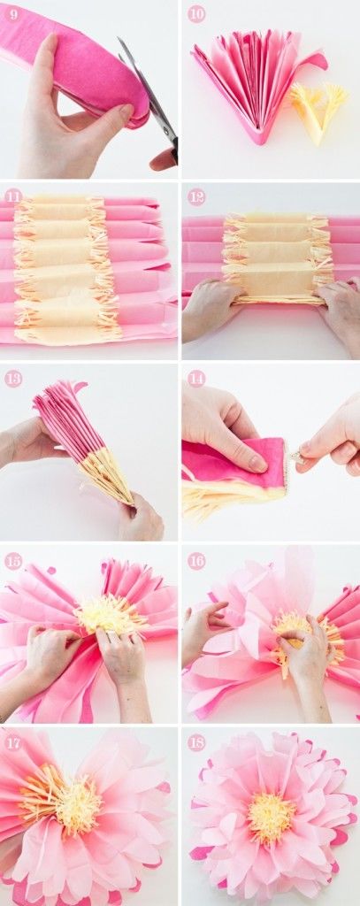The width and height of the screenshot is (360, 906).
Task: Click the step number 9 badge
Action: pyautogui.click(x=13, y=13)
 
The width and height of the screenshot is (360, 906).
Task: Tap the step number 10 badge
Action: pyautogui.click(x=196, y=13)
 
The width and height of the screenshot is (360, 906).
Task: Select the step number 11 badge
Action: pyautogui.click(x=13, y=195)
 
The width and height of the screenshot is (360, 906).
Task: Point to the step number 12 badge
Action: pyautogui.click(x=196, y=195)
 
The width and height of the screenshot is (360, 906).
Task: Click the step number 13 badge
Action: pyautogui.click(x=13, y=378)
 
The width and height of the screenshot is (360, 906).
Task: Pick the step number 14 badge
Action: pyautogui.click(x=196, y=378)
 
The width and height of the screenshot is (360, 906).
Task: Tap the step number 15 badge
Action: pyautogui.click(x=13, y=560)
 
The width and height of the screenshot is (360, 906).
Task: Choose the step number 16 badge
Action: pyautogui.click(x=196, y=560)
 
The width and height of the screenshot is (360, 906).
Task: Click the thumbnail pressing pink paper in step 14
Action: pyautogui.click(x=255, y=463)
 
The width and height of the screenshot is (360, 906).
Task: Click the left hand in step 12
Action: pyautogui.click(x=211, y=310)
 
